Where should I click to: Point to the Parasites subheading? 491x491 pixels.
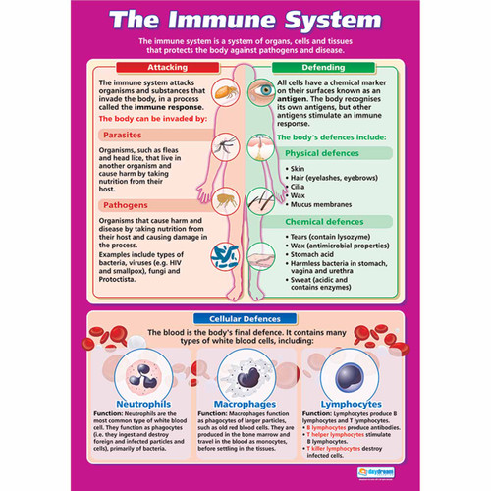127,136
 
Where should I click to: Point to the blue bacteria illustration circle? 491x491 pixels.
223,255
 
